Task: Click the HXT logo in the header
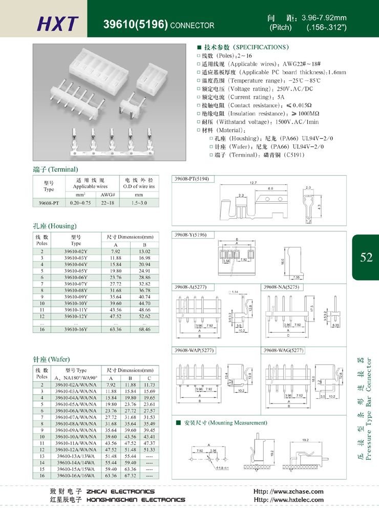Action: [58, 23]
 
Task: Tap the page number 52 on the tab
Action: [366, 258]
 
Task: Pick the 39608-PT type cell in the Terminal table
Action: [49, 203]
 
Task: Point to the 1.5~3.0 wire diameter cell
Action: [138, 203]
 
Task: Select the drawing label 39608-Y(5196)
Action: [191, 234]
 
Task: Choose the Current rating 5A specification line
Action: [241, 97]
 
